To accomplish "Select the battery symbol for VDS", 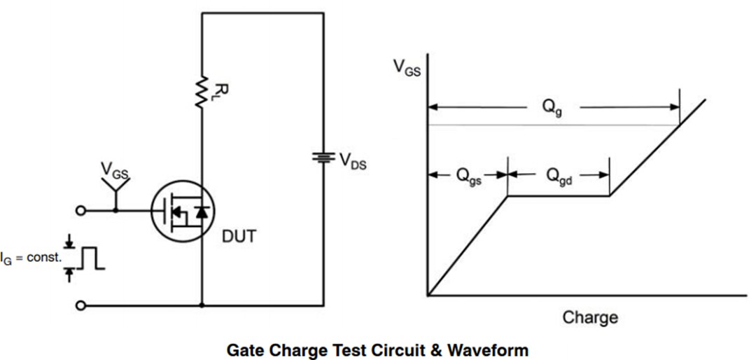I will [323, 157].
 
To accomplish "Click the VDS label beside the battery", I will [352, 161].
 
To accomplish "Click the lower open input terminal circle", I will [81, 305].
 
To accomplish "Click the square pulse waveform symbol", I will [90, 258].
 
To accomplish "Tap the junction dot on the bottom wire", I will [202, 305].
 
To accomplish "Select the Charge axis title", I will [590, 317].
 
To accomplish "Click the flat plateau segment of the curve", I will [559, 196].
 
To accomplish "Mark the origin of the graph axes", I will [428, 296].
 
